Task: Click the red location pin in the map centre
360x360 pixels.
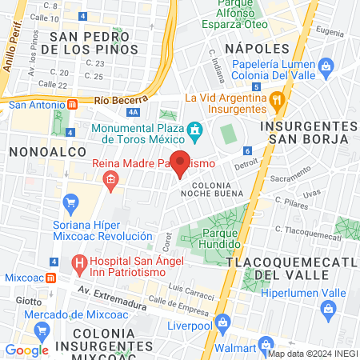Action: point(181,162)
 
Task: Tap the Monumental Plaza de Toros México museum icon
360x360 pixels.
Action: point(194,130)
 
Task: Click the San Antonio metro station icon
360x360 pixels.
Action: point(73,103)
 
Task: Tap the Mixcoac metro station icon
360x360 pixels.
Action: point(50,278)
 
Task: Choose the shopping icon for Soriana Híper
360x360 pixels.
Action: point(70,201)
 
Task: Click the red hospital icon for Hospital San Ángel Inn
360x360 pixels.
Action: point(78,262)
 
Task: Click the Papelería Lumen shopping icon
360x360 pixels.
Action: point(326,66)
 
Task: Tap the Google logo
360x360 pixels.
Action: point(26,350)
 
